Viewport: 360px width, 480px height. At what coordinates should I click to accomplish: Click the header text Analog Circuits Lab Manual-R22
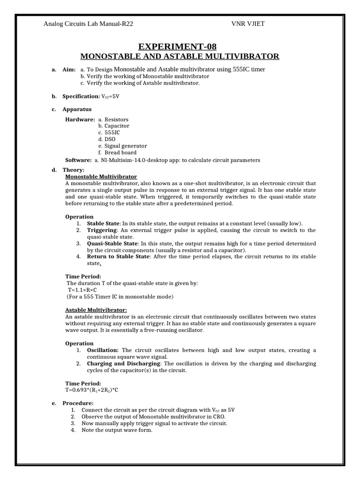coord(91,24)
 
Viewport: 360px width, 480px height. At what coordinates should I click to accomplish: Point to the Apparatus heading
coord(77,109)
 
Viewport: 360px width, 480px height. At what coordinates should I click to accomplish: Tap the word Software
coord(78,160)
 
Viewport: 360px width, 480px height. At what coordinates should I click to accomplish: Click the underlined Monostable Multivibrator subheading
coord(101,176)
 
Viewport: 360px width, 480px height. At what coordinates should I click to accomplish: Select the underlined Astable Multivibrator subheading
coord(96,310)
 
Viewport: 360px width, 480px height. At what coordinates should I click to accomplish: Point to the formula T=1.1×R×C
coord(79,290)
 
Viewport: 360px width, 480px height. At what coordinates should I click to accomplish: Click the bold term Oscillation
coord(103,350)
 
